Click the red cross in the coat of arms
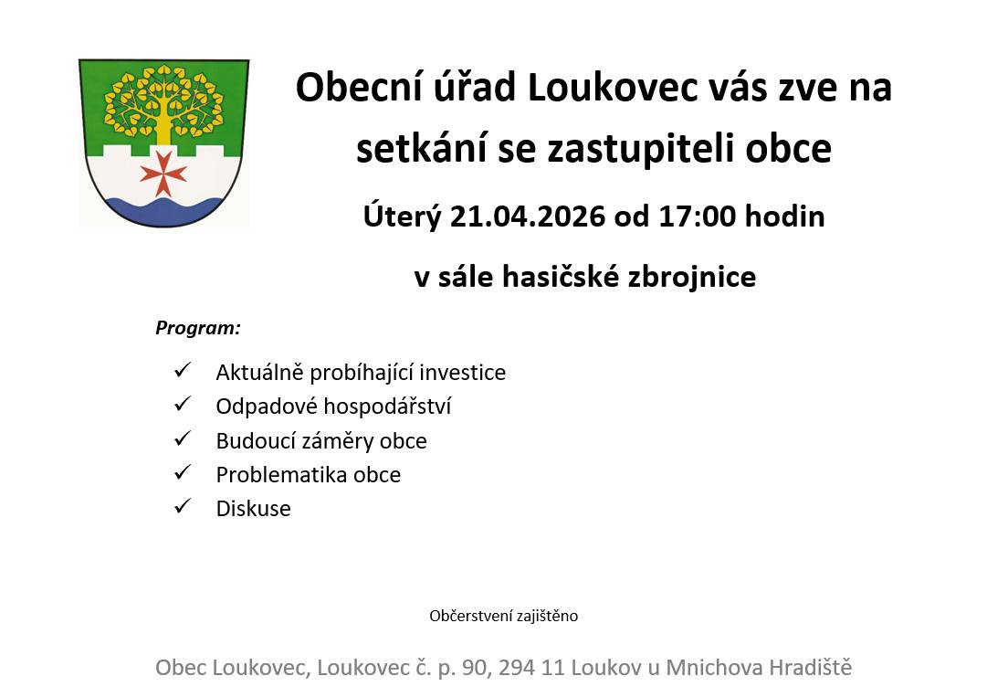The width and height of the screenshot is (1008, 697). [163, 173]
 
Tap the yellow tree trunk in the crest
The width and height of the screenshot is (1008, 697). [163, 129]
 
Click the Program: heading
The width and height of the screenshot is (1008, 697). [198, 327]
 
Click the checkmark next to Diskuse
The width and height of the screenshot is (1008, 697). [181, 506]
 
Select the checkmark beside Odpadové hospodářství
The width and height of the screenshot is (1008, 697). [181, 404]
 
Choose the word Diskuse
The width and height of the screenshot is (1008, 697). [253, 509]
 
